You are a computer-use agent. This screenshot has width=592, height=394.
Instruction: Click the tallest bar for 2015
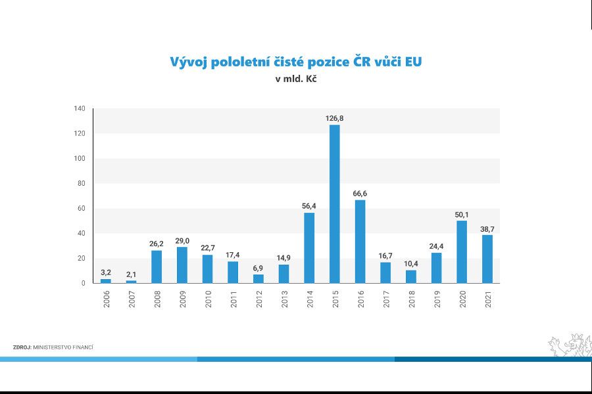click(x=334, y=204)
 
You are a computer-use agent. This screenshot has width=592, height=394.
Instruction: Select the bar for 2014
click(x=309, y=248)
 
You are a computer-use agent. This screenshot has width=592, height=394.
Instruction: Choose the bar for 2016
click(x=360, y=241)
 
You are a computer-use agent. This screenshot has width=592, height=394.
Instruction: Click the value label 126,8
click(x=334, y=118)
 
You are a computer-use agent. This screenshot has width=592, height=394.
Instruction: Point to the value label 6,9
click(x=258, y=268)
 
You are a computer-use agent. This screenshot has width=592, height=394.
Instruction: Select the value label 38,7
click(x=487, y=229)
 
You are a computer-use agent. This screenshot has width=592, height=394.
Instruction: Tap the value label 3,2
click(x=105, y=273)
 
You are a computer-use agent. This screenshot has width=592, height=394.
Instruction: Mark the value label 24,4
click(x=436, y=246)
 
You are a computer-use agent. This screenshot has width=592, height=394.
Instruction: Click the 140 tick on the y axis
click(x=80, y=108)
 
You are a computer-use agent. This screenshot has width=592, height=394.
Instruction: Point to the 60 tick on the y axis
click(x=82, y=208)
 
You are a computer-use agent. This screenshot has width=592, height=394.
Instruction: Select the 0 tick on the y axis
click(x=84, y=283)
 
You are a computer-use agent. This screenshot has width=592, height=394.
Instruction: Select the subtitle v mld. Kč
click(x=296, y=79)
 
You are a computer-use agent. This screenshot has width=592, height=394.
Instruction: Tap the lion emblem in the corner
click(x=570, y=345)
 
